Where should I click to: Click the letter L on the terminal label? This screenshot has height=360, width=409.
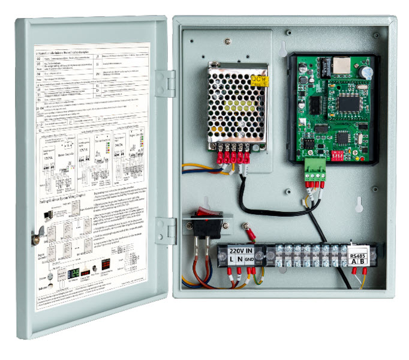coord(231,259)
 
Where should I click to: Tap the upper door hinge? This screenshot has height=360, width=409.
coord(166,83)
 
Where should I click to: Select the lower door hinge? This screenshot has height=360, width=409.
coord(166,231)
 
